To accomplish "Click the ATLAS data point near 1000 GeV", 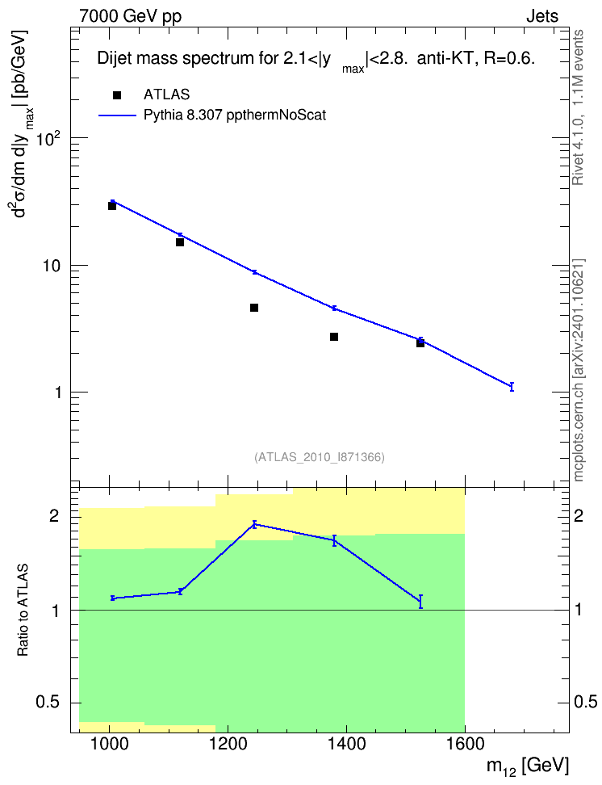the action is pos(112,206).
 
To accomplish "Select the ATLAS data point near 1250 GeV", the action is pos(254,308).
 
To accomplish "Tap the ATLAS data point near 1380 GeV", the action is pos(334,337).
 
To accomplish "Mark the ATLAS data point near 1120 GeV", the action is pos(180,242).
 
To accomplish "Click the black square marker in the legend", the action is pos(117,95).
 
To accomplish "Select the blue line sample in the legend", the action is pos(117,115).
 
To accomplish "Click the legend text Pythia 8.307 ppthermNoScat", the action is pos(235,115).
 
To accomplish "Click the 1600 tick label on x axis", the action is pos(465,744).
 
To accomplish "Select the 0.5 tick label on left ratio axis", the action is pos(48,703).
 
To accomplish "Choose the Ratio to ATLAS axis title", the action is pos(23,611).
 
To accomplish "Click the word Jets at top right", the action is pos(542,16).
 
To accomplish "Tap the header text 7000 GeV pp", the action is pos(131,16).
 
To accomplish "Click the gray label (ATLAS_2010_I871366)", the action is pos(320,457).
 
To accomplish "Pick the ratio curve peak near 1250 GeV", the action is pos(254,524).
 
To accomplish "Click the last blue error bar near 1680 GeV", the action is pos(512,387).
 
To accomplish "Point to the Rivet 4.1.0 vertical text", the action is pos(578,107).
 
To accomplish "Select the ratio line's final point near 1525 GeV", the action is pos(421,601).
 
